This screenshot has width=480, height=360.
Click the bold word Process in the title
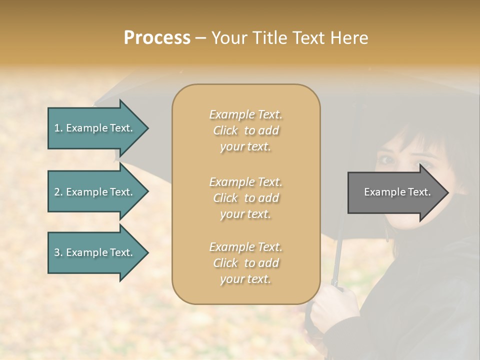coord(157,38)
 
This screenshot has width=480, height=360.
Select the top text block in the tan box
coord(245,130)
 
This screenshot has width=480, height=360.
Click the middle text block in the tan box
coord(245,198)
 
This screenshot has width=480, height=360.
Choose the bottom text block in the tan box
coord(245,263)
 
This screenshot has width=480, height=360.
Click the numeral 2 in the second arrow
coord(57,192)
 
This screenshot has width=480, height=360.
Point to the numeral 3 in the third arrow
coord(57,252)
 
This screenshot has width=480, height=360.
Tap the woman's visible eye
coord(388,160)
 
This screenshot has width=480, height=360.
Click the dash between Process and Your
coord(200,38)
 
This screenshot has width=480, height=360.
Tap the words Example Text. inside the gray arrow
coord(397,192)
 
